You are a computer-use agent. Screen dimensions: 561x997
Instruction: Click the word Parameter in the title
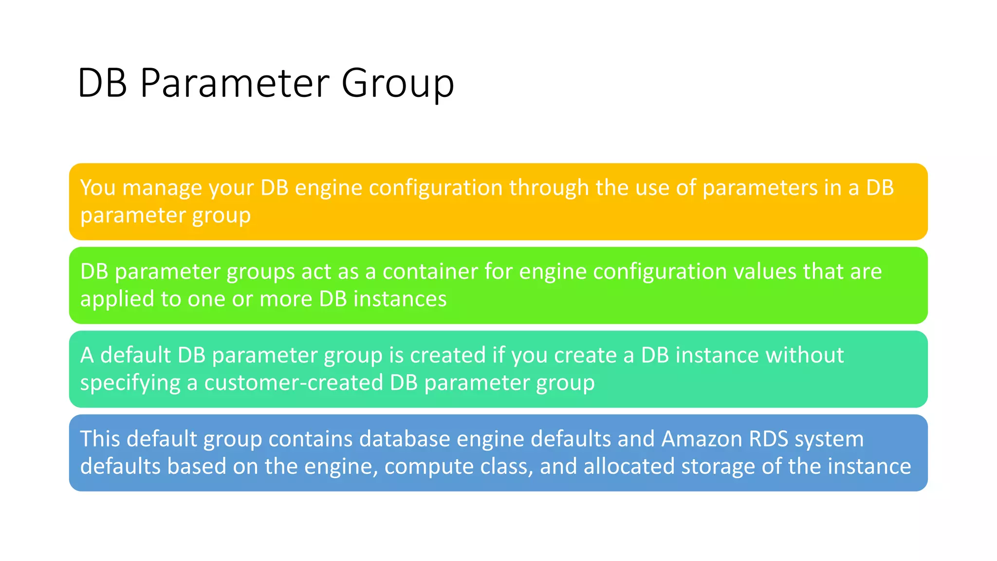coord(235,83)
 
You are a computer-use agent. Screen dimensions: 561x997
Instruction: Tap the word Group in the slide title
coord(397,83)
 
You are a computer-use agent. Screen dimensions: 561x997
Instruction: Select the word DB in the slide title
coord(102,83)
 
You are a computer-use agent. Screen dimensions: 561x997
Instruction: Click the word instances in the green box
coord(400,299)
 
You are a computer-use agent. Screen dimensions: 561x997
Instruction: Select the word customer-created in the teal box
coord(294,383)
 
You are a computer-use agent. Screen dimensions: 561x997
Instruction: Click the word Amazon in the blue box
coord(702,439)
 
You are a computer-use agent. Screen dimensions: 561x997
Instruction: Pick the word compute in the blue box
coord(428,467)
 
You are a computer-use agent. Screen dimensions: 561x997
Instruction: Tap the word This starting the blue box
coord(100,439)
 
